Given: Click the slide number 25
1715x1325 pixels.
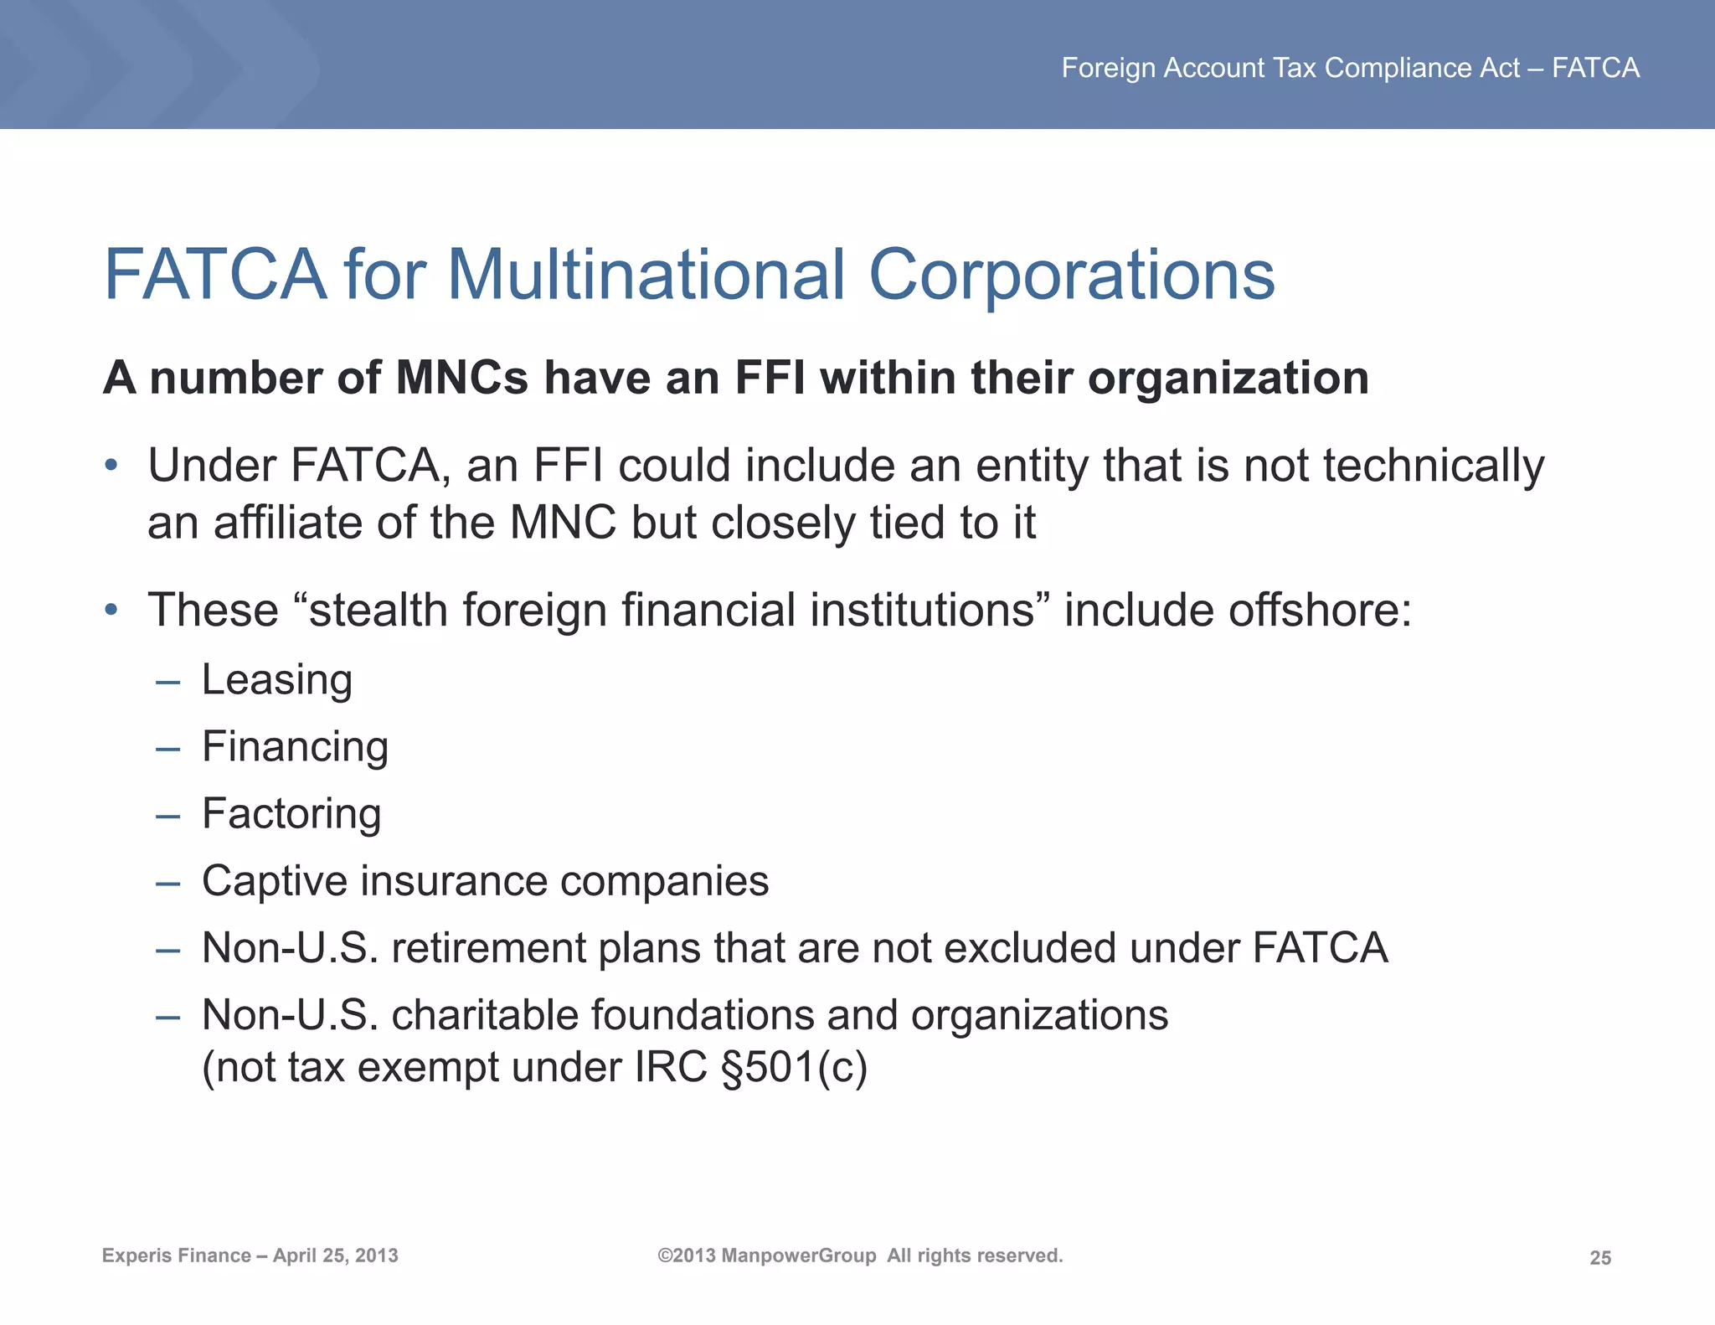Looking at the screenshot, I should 1599,1257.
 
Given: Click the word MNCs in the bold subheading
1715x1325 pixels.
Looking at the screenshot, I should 461,378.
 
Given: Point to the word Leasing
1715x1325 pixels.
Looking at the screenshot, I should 277,680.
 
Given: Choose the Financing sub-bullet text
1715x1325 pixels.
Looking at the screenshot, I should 296,747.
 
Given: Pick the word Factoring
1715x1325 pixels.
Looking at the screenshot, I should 291,814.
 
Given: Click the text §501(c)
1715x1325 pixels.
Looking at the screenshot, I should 793,1067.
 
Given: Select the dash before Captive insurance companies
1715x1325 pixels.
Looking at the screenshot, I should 167,883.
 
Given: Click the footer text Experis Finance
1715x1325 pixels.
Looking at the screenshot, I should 177,1255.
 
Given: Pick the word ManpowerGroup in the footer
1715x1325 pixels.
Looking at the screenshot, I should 798,1255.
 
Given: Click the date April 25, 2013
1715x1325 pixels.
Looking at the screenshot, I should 336,1255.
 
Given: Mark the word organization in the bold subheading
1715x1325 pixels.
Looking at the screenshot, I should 1228,378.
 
